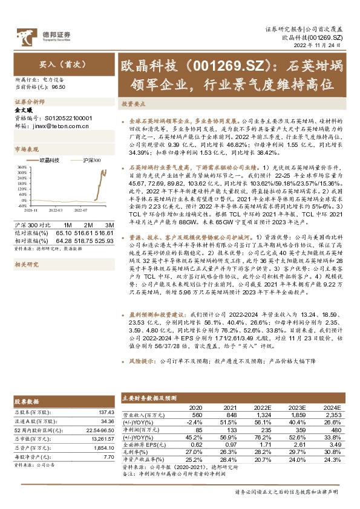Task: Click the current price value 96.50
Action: (x=59, y=87)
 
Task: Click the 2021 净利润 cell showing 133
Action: (x=232, y=429)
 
